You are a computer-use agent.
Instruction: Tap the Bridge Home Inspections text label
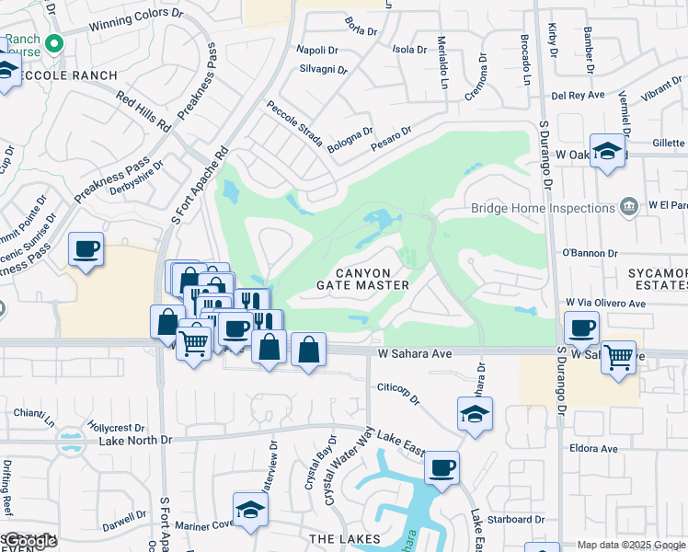tap(543, 208)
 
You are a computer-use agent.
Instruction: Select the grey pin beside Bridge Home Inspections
tap(629, 205)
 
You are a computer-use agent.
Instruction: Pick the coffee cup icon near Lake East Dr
tap(441, 468)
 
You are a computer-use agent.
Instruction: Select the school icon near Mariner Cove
tap(250, 510)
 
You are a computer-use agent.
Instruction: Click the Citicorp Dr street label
tap(398, 394)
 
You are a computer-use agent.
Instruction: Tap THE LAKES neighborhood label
tap(345, 538)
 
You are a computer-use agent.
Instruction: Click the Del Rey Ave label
tap(578, 95)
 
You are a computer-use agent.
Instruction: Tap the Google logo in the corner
tap(29, 542)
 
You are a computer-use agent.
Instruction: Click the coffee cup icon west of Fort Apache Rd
tap(86, 249)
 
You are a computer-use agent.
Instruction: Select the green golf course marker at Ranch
tap(55, 43)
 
